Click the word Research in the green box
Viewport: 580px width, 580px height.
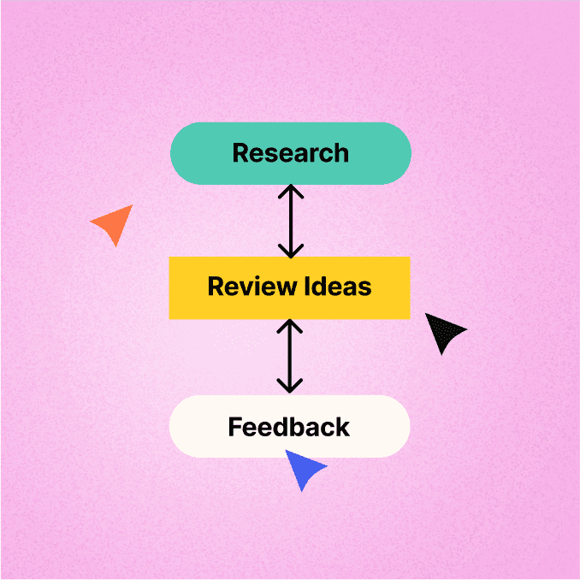point(290,153)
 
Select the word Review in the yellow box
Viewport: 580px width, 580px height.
point(252,287)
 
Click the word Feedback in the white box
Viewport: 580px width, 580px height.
point(289,427)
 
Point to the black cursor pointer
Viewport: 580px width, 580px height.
point(443,332)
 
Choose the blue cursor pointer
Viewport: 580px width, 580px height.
point(304,468)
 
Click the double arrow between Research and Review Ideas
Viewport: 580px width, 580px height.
point(291,222)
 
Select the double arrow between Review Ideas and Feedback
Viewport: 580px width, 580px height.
point(290,356)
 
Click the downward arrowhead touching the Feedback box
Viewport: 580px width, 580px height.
point(290,386)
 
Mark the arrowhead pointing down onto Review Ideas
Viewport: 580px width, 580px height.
point(291,252)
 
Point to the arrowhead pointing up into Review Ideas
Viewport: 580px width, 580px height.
point(290,326)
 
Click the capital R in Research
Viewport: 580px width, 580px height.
point(240,153)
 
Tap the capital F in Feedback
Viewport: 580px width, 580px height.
point(235,427)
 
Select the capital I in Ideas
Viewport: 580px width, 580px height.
point(306,287)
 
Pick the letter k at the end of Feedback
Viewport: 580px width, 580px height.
point(343,427)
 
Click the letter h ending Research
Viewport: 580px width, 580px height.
point(342,153)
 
